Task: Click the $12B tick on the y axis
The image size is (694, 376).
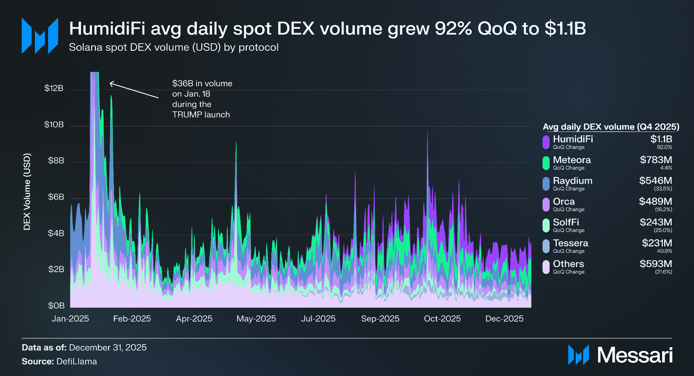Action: [x=54, y=88]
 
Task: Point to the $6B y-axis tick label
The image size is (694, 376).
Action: [x=56, y=197]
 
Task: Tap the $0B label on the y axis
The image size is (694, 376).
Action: [x=56, y=306]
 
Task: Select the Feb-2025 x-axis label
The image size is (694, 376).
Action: [x=132, y=319]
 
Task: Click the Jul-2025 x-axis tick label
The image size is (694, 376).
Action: [x=318, y=319]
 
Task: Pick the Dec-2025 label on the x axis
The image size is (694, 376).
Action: [x=504, y=319]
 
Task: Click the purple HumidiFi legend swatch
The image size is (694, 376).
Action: [x=546, y=142]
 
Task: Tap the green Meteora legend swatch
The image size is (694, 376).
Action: [x=546, y=163]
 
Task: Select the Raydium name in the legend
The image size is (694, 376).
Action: [x=573, y=181]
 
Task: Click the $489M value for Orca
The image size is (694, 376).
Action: [x=655, y=201]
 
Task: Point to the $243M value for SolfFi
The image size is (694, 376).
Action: [x=656, y=222]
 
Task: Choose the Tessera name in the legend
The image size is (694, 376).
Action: [x=571, y=243]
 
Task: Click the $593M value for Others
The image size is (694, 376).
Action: [x=656, y=264]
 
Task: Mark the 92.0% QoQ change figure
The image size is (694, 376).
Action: [x=665, y=147]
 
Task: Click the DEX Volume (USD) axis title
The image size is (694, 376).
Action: [x=27, y=192]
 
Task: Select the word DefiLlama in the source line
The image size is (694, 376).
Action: [x=77, y=361]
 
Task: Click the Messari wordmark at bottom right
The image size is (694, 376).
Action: [x=635, y=355]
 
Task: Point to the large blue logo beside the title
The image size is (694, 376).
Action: [x=40, y=36]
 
